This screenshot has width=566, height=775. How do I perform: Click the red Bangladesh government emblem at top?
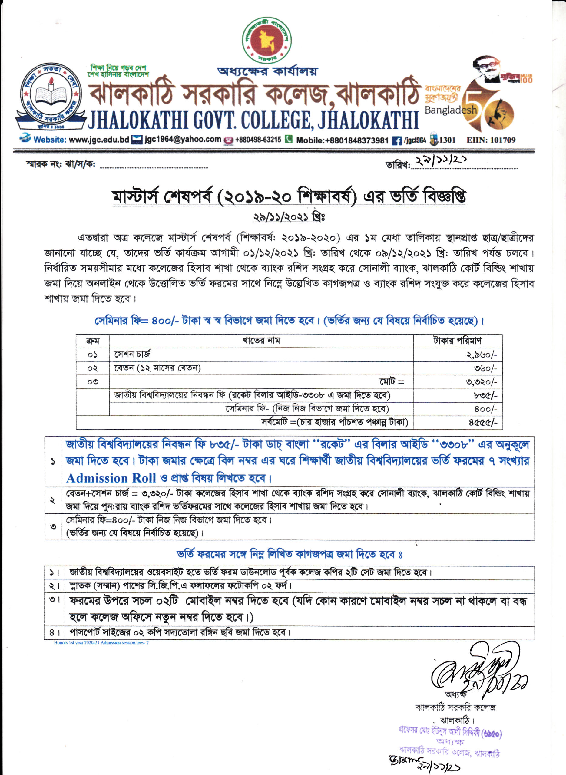coord(267,40)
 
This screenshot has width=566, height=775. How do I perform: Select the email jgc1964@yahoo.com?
coord(183,139)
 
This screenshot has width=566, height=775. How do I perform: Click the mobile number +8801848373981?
coord(342,140)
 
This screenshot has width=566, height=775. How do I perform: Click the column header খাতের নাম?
coord(261,341)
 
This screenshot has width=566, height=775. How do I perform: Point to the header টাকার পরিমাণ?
coord(457,341)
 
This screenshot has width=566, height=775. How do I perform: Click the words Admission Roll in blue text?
coord(111,478)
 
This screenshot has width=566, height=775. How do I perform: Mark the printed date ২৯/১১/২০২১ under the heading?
coord(289,217)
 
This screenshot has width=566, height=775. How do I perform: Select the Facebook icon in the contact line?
coord(396,140)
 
